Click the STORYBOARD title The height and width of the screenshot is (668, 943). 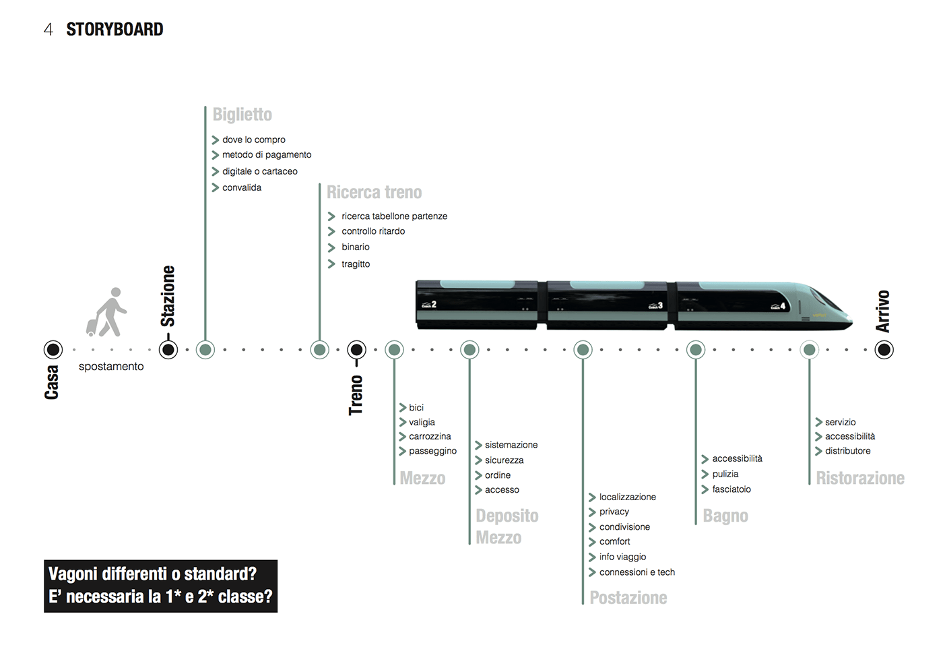pos(115,30)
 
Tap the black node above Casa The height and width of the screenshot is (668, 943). pos(53,350)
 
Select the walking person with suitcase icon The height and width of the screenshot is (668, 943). pos(106,312)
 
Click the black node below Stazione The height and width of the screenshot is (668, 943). pos(168,350)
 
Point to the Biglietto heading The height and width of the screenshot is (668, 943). pos(242,115)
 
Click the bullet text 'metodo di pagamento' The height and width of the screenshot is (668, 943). pos(267,155)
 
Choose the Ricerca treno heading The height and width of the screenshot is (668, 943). pos(375,192)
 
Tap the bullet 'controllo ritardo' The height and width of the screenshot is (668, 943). pos(373,231)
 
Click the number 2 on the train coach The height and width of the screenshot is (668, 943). pos(434,304)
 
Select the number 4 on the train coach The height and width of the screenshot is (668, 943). pos(783,306)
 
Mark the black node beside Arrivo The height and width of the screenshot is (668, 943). pos(884,350)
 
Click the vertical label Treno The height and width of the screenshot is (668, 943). pos(356,396)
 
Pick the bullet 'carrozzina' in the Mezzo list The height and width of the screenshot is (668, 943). pos(430,436)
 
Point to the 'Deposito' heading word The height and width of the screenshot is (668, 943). pos(507,516)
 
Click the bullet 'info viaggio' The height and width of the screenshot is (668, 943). pos(622,557)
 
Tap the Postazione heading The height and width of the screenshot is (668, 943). pos(628,598)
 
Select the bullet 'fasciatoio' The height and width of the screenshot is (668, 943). pos(731,489)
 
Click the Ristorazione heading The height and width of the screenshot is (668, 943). pos(860,478)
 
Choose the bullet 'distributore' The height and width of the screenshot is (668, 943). pos(848,451)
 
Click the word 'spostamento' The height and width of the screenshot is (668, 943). pos(111,367)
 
